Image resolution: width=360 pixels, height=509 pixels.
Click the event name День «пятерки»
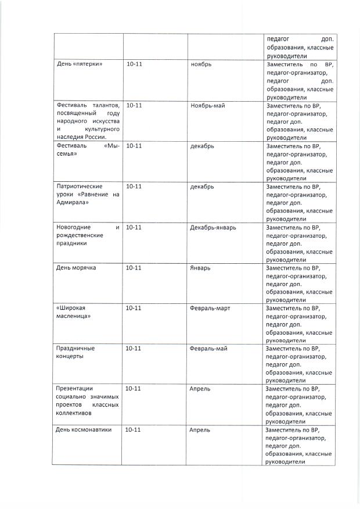[x=79, y=64]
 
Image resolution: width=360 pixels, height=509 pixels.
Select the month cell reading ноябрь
[x=201, y=64]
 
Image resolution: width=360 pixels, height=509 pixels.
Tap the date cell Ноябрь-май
[x=207, y=106]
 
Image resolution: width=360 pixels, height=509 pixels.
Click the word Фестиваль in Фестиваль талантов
[x=71, y=106]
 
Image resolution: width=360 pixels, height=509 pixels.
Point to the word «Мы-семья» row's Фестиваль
[x=71, y=146]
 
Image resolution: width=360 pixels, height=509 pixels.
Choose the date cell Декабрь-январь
[x=213, y=227]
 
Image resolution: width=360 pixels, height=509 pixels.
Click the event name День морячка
[x=75, y=268]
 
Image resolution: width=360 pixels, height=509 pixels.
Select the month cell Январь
[x=200, y=268]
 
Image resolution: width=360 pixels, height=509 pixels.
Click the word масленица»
[x=73, y=316]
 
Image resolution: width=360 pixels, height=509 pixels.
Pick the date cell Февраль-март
[x=210, y=308]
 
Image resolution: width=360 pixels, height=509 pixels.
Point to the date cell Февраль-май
[x=208, y=348]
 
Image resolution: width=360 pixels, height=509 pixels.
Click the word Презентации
[x=75, y=388]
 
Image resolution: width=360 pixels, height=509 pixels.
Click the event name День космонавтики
[x=83, y=429]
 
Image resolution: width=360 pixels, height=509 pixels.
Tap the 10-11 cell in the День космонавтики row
[x=134, y=429]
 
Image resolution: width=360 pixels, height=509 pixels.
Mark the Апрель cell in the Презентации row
[x=200, y=388]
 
